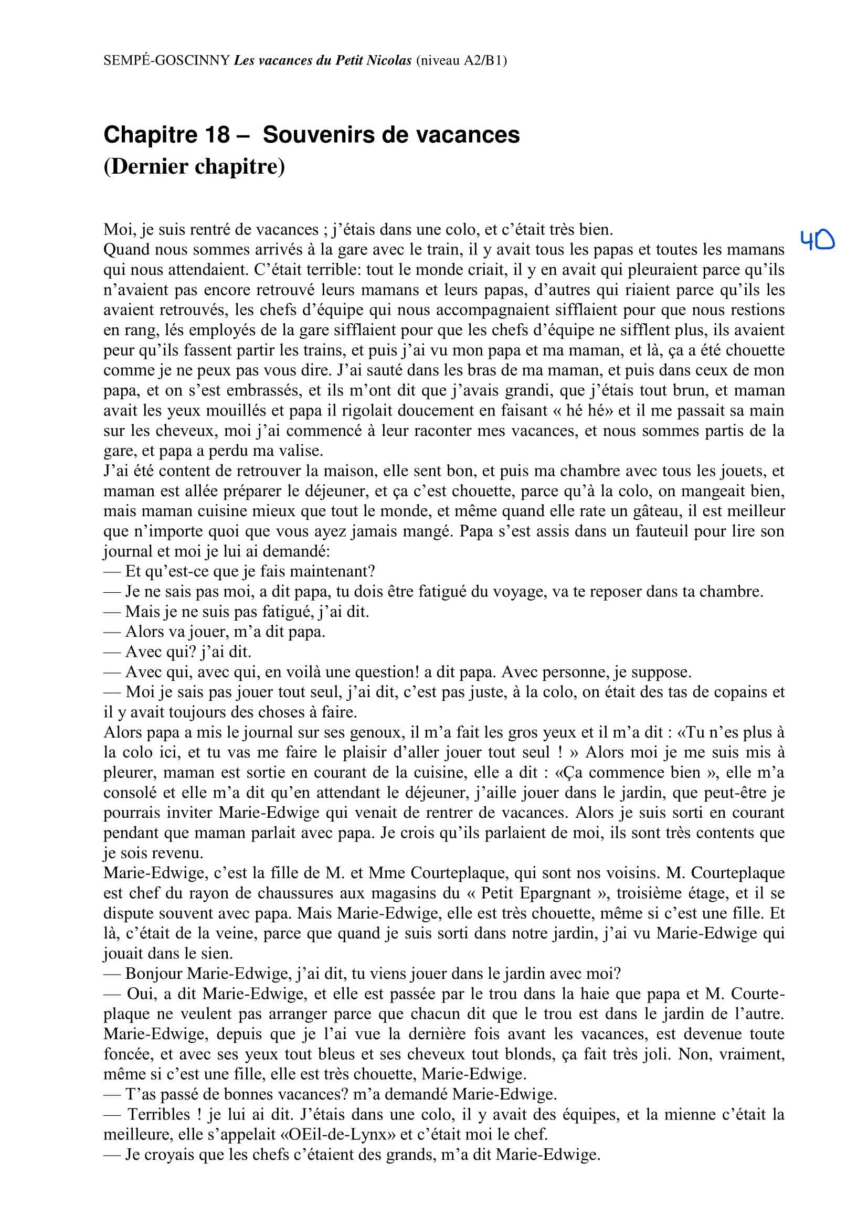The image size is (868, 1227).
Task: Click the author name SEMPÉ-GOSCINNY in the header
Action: click(x=167, y=61)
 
